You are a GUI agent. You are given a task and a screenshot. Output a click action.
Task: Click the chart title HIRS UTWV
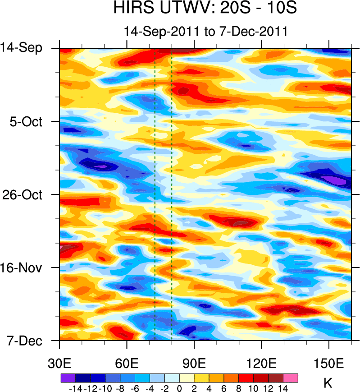tap(205, 9)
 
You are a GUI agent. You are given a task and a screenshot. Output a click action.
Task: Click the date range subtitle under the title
tap(205, 32)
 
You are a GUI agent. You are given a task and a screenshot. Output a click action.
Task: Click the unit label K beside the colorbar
tap(328, 383)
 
